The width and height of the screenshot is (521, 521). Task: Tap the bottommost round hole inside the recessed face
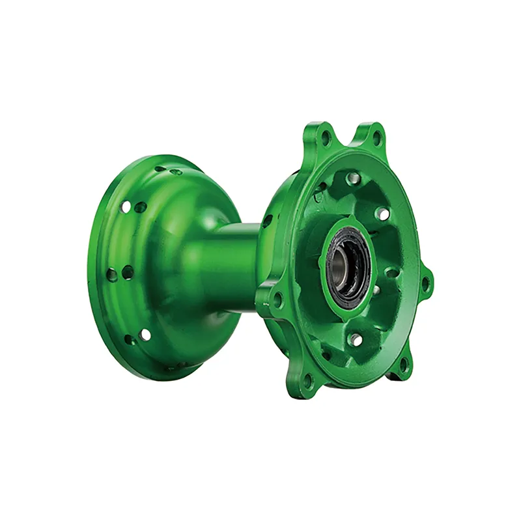355,339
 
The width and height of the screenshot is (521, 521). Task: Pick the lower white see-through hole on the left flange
145,334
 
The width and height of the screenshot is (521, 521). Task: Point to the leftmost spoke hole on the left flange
113,275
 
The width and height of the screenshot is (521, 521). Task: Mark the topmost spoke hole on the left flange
161,169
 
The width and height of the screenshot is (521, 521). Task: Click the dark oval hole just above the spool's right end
267,220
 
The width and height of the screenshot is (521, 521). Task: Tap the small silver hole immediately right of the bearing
376,289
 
